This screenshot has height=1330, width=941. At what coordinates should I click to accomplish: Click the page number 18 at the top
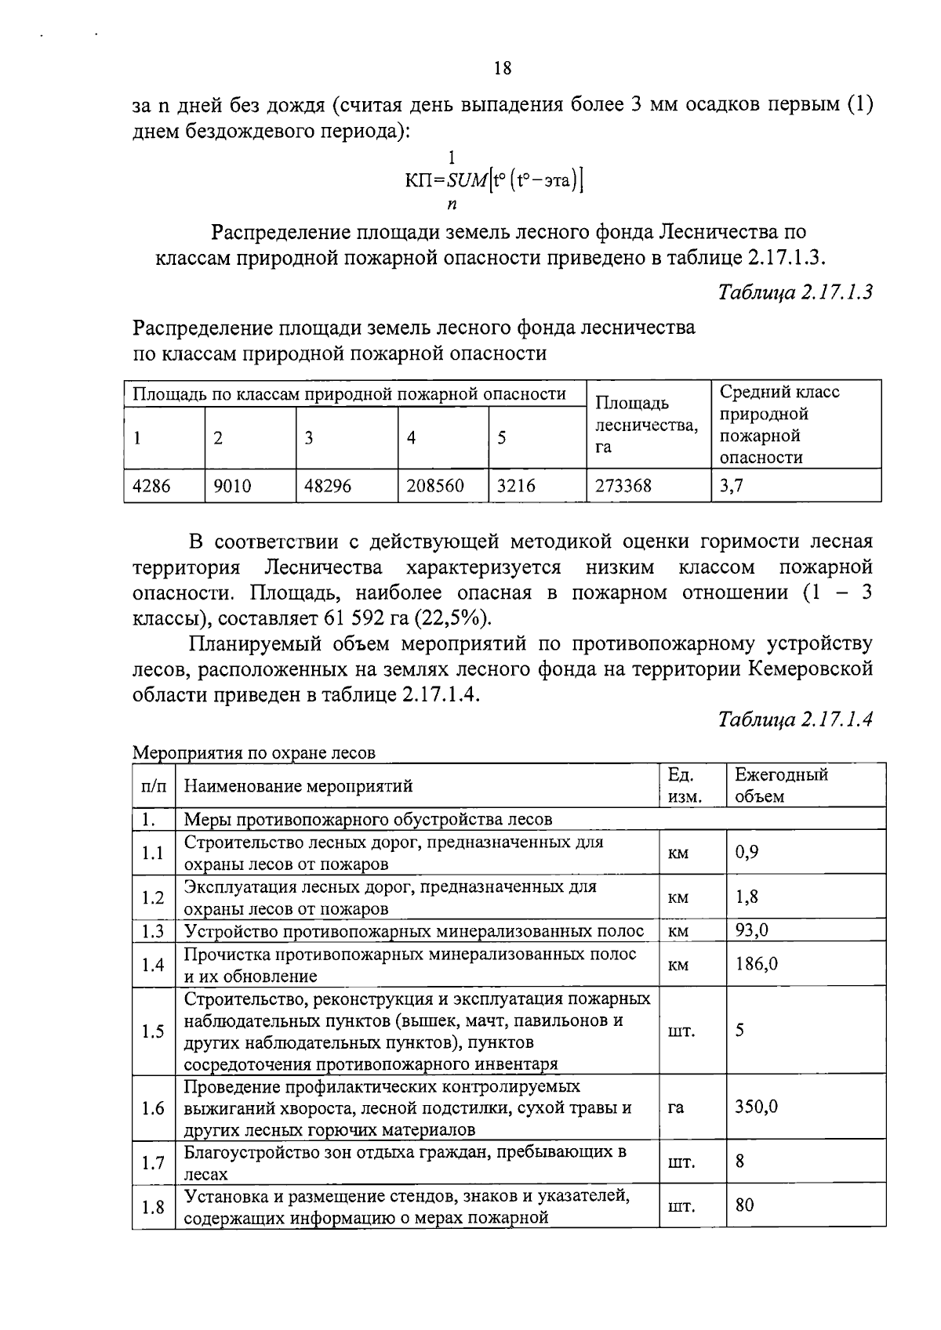[503, 68]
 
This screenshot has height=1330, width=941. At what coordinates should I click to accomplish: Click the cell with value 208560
[435, 486]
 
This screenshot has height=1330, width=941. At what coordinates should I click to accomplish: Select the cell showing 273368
[623, 486]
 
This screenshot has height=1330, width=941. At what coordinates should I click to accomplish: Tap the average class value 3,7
[731, 486]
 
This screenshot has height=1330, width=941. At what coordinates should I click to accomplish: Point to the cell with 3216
[516, 486]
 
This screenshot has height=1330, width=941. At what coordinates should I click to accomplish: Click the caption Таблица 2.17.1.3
[795, 292]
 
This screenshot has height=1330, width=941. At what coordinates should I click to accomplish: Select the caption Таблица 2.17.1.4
[795, 719]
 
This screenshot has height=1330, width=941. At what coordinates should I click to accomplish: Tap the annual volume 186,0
[756, 964]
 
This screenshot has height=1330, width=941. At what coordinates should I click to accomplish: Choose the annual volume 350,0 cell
[756, 1107]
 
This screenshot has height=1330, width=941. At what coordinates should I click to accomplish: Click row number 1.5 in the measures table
[153, 1031]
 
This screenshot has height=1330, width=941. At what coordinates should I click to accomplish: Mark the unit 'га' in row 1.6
[676, 1107]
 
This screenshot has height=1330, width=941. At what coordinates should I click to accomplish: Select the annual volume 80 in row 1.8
[744, 1205]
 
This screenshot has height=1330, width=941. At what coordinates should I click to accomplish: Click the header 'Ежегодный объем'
[780, 785]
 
